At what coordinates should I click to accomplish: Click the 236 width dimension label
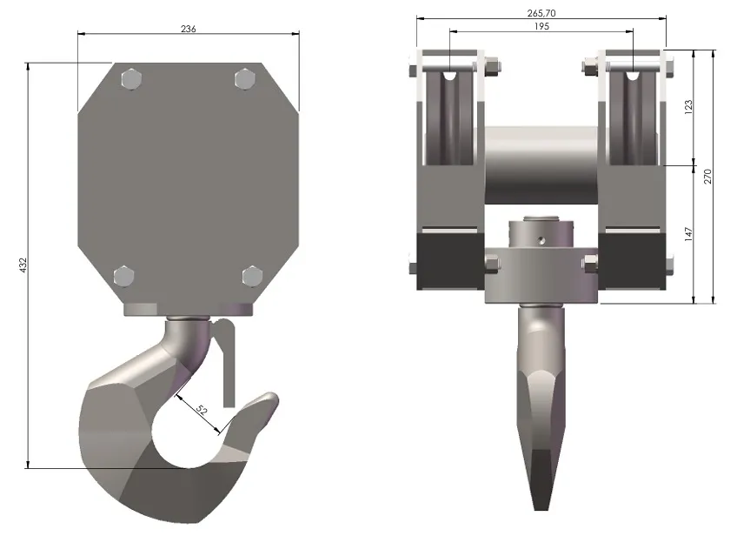click(189, 29)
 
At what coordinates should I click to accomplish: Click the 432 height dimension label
click(23, 263)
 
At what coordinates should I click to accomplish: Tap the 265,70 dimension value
click(541, 13)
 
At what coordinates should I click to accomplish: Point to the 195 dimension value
click(541, 26)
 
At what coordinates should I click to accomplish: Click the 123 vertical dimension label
click(688, 107)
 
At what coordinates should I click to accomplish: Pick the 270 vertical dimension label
click(707, 177)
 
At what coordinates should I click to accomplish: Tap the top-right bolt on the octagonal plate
click(244, 79)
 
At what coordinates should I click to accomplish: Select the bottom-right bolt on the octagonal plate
click(252, 277)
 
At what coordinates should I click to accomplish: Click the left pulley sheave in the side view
click(451, 113)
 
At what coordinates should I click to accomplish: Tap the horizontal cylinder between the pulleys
click(541, 166)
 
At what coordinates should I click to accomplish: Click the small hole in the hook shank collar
click(538, 237)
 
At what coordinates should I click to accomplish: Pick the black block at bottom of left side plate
click(450, 258)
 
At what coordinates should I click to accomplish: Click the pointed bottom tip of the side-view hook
click(541, 503)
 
